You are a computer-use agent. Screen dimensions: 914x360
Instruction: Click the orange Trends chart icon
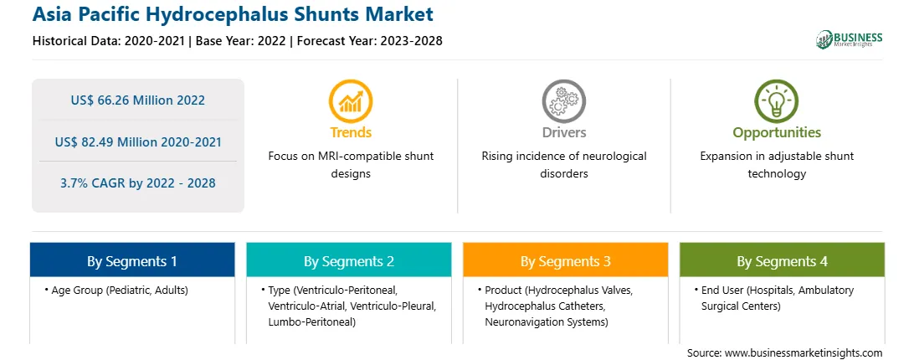[x=351, y=101]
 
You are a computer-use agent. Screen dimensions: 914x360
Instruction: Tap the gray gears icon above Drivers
[x=563, y=101]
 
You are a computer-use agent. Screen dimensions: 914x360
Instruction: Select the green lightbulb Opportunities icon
[x=777, y=101]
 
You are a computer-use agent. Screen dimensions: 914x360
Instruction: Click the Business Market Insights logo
[x=850, y=39]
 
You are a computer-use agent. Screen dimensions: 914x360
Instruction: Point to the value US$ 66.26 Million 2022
[x=138, y=100]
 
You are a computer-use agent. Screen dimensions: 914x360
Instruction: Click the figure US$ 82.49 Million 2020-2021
[x=138, y=141]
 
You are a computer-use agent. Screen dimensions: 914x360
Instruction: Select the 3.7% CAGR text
[x=138, y=183]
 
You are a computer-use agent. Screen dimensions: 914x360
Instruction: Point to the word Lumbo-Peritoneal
[x=312, y=321]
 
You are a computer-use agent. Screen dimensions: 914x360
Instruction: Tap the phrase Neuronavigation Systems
[x=547, y=321]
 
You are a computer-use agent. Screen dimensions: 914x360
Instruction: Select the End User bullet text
[x=774, y=297]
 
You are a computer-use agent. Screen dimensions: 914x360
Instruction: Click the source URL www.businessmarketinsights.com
[x=804, y=353]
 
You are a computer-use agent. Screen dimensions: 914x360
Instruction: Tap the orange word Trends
[x=351, y=132]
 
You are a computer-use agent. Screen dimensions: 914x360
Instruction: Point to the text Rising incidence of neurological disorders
[x=563, y=165]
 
